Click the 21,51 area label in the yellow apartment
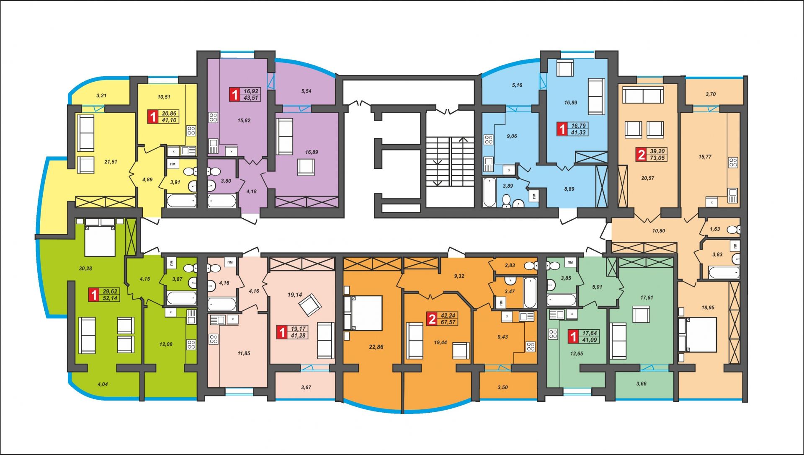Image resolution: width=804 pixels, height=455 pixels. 111,162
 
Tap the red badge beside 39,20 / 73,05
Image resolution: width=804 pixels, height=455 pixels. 641,155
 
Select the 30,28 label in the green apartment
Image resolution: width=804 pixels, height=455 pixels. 85,269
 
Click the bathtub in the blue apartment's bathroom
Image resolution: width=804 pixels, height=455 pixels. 489,192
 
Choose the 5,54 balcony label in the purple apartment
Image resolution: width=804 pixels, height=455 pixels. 306,91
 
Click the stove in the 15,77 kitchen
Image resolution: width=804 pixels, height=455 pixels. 733,162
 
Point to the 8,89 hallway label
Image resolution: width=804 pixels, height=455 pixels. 569,189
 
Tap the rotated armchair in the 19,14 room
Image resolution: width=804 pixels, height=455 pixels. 310,305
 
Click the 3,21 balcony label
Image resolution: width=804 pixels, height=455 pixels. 101,96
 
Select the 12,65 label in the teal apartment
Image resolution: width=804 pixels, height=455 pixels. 576,354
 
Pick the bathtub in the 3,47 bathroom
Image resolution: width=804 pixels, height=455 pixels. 530,292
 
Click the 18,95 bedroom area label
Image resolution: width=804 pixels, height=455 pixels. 708,308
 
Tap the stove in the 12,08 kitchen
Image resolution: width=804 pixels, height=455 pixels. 191,344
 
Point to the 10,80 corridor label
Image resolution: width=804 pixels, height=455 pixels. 659,231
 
